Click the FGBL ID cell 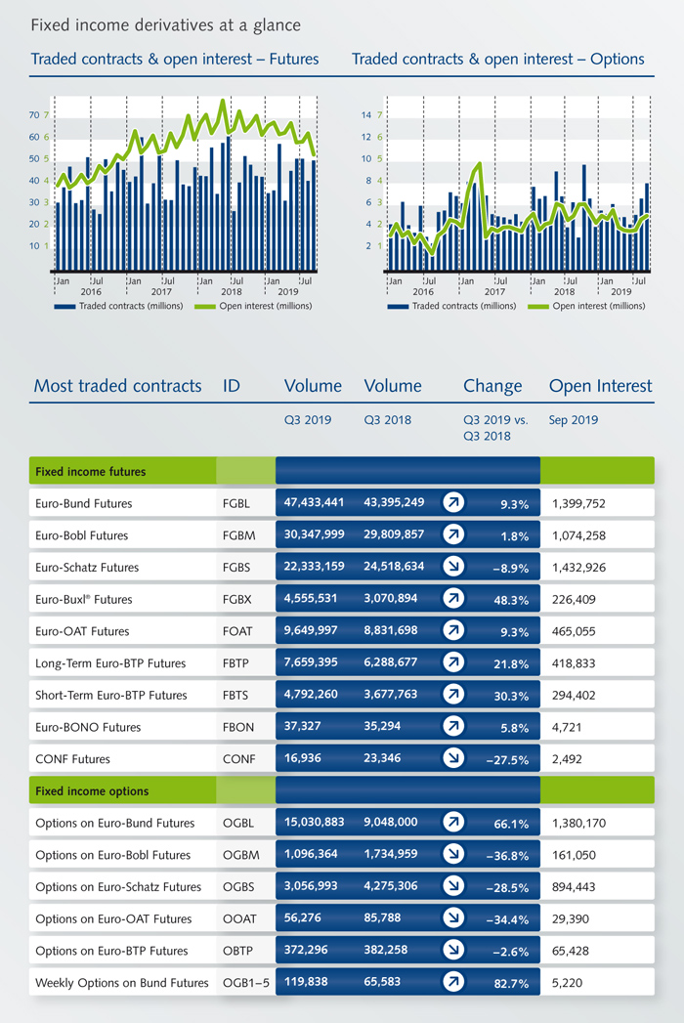[236, 503]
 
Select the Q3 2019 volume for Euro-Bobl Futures [314, 534]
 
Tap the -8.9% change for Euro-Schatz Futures [510, 569]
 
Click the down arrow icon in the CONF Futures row [453, 757]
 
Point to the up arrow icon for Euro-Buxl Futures [453, 598]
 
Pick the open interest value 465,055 [574, 631]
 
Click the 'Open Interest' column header [601, 386]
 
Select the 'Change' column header [492, 386]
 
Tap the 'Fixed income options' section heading [92, 791]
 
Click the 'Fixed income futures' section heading [91, 472]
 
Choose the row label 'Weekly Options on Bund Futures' [122, 983]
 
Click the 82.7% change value [511, 984]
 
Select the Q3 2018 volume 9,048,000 [390, 822]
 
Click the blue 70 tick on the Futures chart [34, 115]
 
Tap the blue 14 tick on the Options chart [366, 115]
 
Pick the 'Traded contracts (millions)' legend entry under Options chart [451, 306]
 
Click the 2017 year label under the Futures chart [161, 291]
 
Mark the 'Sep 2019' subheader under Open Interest [573, 420]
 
